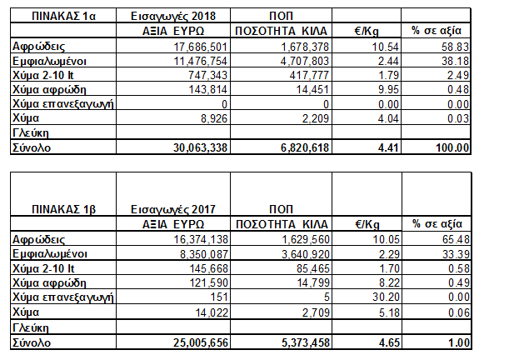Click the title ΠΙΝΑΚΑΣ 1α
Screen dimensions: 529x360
point(63,16)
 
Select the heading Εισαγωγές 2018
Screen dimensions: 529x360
point(173,16)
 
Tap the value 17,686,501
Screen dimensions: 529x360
point(201,47)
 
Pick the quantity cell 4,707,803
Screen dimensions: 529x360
point(305,61)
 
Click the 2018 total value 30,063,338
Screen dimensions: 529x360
point(201,147)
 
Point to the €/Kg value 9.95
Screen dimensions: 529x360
point(385,89)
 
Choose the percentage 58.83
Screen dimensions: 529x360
point(455,47)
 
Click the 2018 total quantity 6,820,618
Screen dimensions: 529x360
point(305,147)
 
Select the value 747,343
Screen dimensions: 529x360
point(207,75)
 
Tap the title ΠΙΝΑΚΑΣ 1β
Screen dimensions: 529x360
point(64,209)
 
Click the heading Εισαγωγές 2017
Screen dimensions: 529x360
point(173,209)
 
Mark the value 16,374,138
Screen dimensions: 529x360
point(201,239)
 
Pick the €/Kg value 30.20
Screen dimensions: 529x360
point(386,297)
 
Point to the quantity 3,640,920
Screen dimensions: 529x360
point(306,254)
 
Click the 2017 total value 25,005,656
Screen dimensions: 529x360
point(201,342)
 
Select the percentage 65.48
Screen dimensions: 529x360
point(456,239)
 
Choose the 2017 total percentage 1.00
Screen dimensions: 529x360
point(459,342)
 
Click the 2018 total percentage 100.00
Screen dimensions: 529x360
point(452,147)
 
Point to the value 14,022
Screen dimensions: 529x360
point(212,312)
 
